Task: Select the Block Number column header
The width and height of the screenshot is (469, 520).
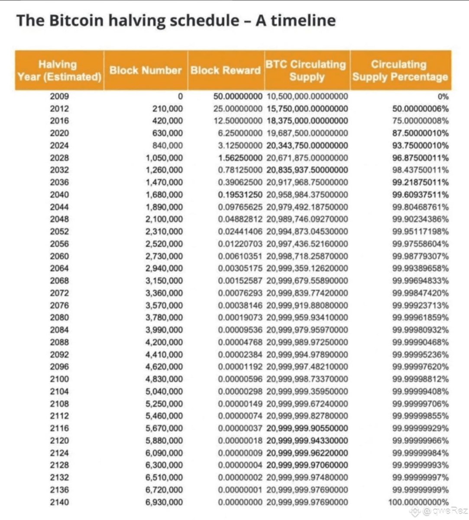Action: (x=146, y=71)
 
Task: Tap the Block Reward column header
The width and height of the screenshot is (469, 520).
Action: (x=226, y=71)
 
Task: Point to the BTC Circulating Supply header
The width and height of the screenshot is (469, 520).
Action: (x=307, y=71)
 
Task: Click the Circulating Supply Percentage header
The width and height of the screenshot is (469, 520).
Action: (x=400, y=71)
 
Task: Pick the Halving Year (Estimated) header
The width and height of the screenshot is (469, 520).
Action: (x=59, y=71)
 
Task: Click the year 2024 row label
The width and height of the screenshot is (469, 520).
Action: (x=59, y=145)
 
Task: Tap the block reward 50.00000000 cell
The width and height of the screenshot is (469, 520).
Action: (x=238, y=96)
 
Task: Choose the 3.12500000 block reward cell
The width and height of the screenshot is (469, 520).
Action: (x=238, y=145)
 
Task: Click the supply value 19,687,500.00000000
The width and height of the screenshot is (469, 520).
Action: (x=307, y=133)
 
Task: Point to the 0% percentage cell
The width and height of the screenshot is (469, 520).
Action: (x=443, y=97)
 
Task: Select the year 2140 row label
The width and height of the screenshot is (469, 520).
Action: (x=59, y=502)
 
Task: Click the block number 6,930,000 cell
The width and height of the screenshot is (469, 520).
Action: (x=164, y=502)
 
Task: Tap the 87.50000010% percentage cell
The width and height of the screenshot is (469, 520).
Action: (x=420, y=133)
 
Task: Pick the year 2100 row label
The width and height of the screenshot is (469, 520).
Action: (x=59, y=379)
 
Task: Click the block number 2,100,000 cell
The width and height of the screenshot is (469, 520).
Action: (x=164, y=219)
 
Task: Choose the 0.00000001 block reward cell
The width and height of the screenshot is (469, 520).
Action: (x=240, y=490)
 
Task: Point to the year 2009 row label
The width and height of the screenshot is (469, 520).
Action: (x=59, y=96)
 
